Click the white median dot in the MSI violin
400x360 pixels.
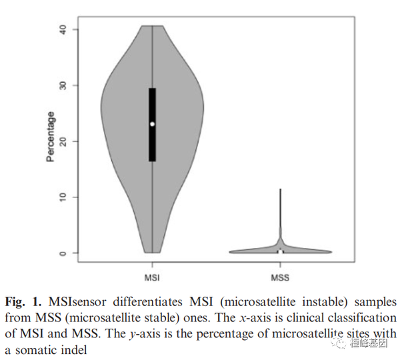(153, 124)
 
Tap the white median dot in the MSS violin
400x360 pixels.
(281, 252)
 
